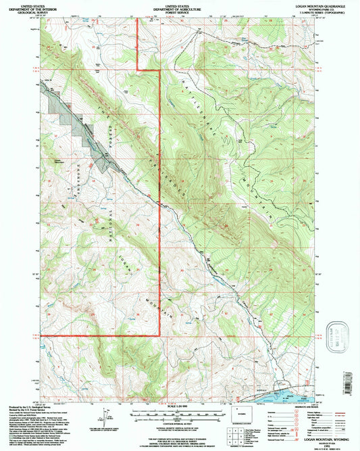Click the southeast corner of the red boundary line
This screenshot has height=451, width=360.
coord(159,335)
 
